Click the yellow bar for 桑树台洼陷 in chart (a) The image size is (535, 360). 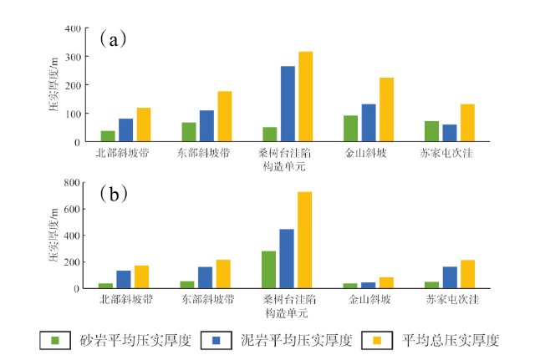[x=306, y=97]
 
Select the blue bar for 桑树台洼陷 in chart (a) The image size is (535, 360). [x=288, y=104]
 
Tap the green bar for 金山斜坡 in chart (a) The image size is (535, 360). [x=350, y=129]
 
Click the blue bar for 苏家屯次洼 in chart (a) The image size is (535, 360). [x=450, y=133]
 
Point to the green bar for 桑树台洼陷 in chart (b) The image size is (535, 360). [x=268, y=269]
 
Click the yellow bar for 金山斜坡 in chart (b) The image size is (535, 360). [x=387, y=282]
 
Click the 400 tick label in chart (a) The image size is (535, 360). [x=73, y=29]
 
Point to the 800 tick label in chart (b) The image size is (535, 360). [x=73, y=182]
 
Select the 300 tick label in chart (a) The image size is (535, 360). [x=73, y=58]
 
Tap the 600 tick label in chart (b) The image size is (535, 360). [x=73, y=209]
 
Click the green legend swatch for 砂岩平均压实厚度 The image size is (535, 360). [x=56, y=340]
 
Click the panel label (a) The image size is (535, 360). [x=113, y=38]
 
